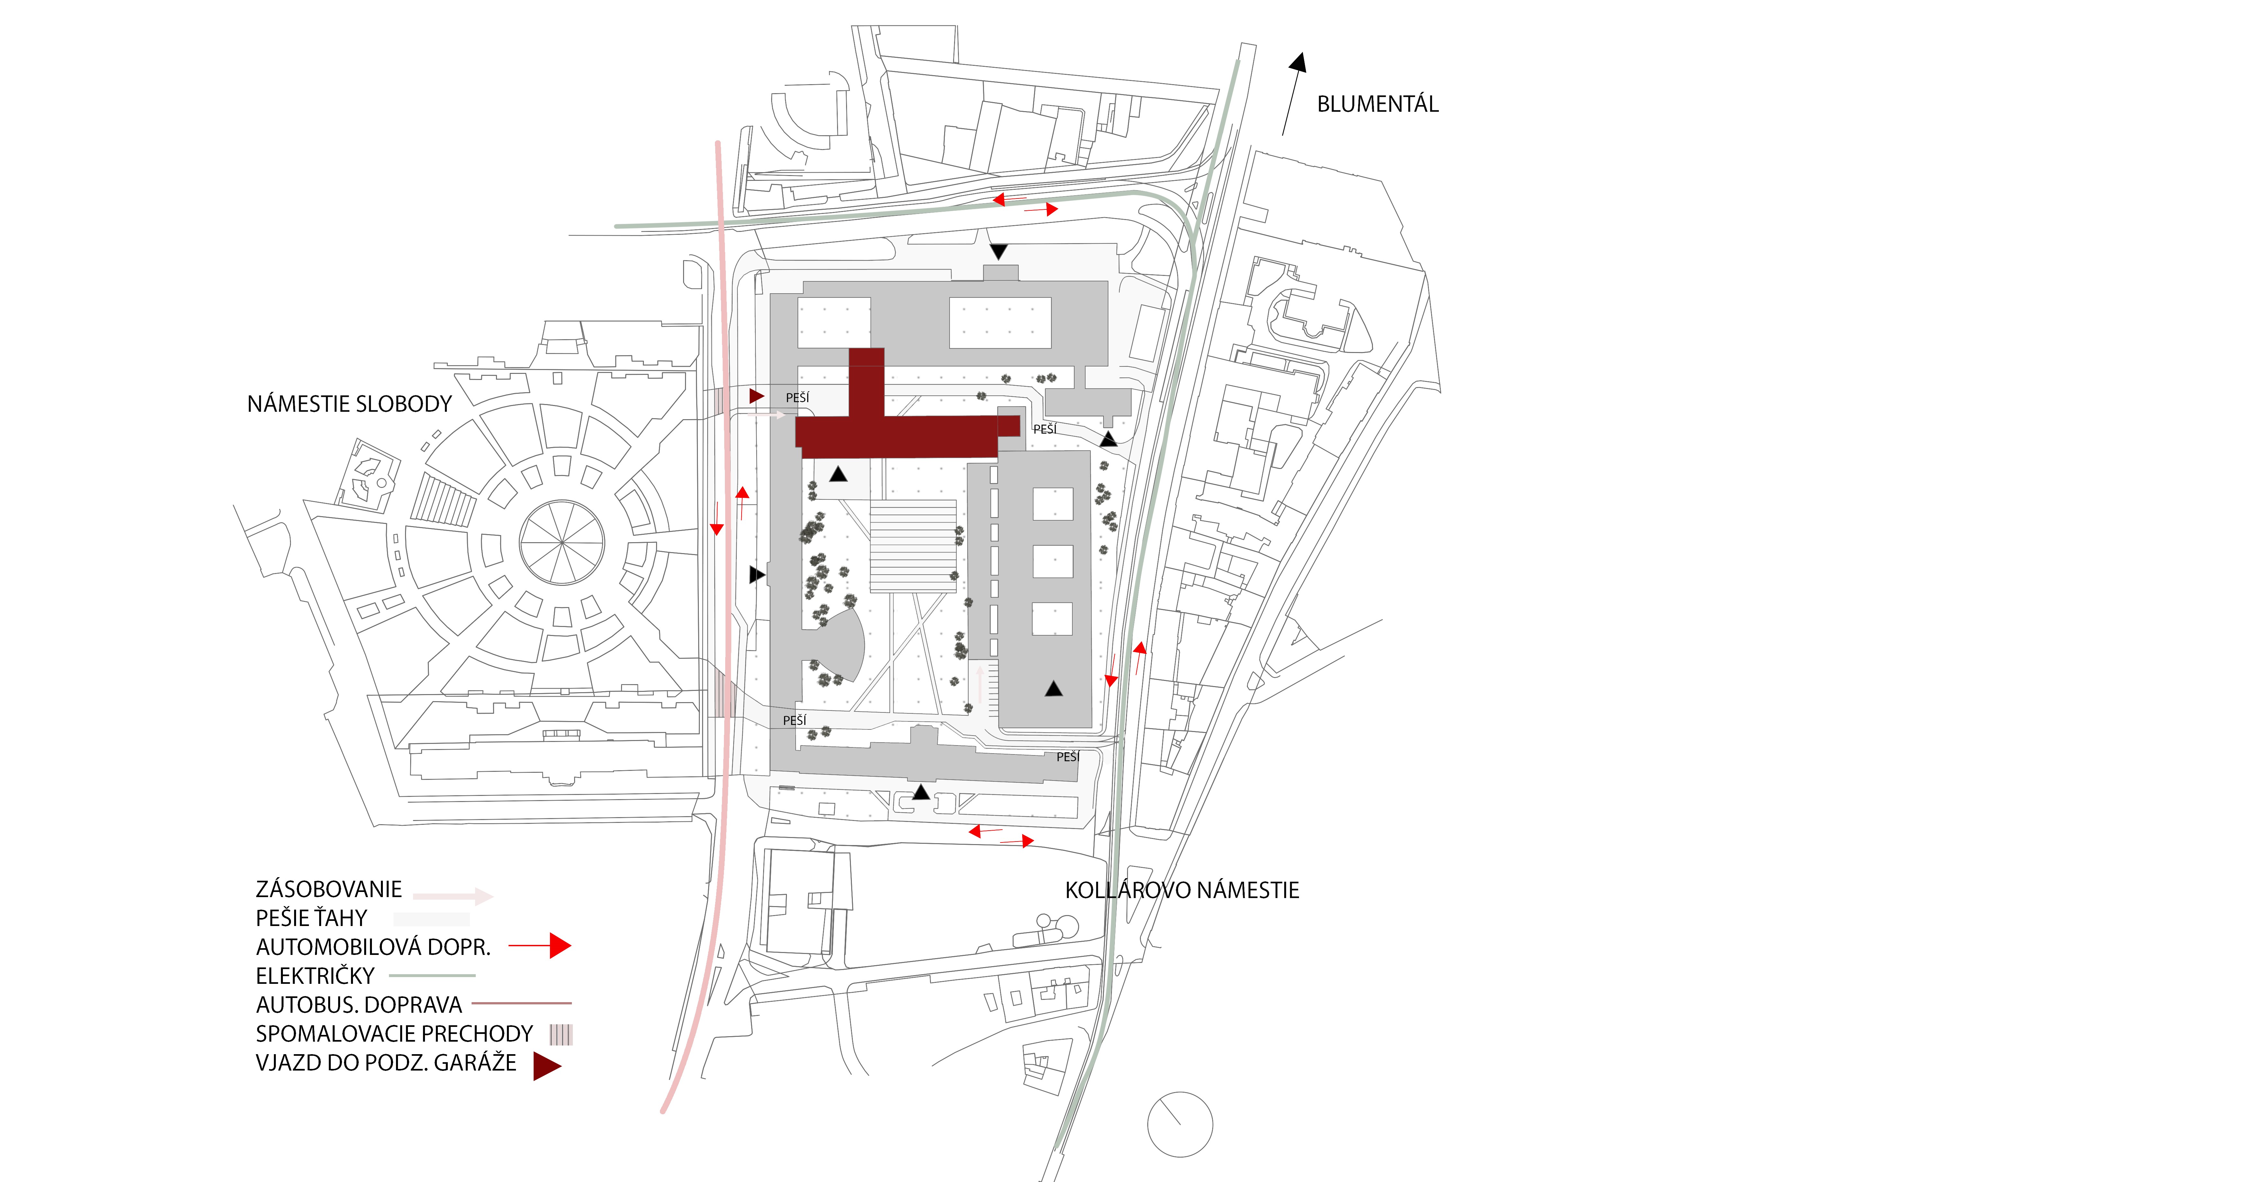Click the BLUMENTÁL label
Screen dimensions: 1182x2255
point(1377,104)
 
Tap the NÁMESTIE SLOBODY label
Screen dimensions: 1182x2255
point(349,404)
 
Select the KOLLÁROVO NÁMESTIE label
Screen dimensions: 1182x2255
point(1182,891)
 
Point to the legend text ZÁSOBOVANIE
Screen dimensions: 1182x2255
point(328,890)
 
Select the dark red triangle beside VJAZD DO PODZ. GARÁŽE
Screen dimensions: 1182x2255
point(546,1066)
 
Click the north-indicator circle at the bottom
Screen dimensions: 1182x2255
point(1179,1124)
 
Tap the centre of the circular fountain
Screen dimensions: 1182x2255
point(561,542)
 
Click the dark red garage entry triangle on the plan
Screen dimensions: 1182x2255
point(756,396)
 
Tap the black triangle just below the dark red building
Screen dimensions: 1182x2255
point(838,474)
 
